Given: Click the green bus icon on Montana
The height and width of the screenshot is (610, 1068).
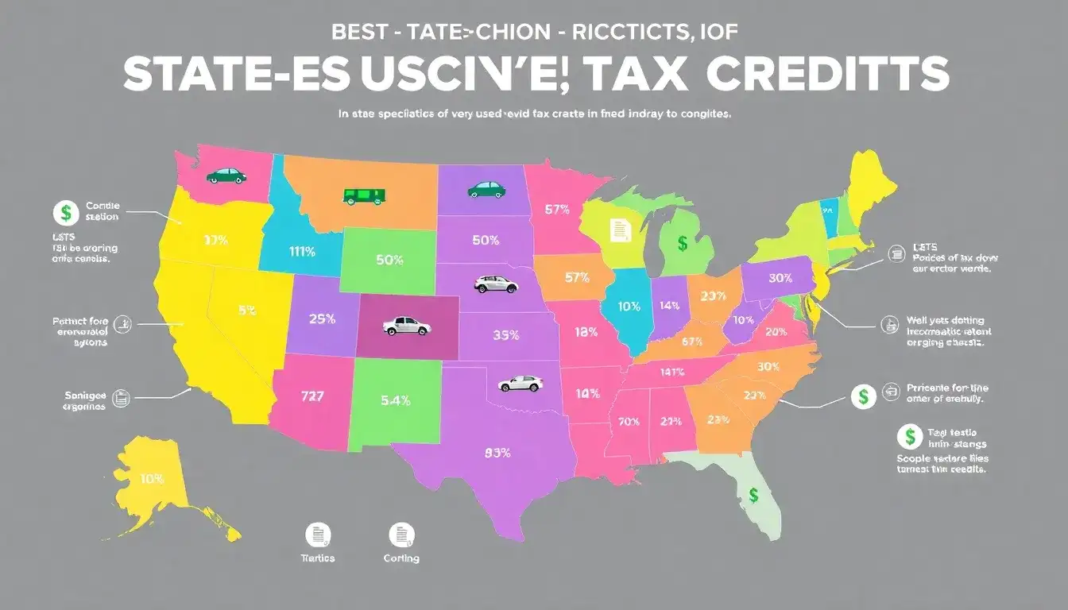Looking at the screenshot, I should [x=364, y=195].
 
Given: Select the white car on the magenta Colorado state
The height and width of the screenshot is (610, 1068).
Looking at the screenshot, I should [x=406, y=326].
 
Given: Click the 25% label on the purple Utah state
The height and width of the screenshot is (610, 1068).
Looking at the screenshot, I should [x=321, y=319].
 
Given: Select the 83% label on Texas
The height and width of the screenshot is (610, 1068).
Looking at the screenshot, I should [x=497, y=454].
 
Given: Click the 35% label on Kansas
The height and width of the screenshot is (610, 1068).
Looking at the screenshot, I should [x=505, y=335].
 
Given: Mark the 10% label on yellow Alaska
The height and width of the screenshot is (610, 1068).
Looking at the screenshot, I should [x=151, y=479].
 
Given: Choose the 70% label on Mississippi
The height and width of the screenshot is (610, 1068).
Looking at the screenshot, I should [x=628, y=422].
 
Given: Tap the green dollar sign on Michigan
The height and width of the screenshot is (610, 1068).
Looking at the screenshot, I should [x=682, y=243].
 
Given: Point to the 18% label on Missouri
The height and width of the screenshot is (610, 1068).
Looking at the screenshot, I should [x=585, y=332].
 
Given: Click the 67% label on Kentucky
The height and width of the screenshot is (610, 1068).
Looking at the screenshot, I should [x=692, y=342].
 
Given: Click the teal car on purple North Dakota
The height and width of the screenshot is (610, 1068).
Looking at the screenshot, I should [x=485, y=189].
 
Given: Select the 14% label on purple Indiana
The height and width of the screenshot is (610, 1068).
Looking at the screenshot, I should [x=670, y=305].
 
